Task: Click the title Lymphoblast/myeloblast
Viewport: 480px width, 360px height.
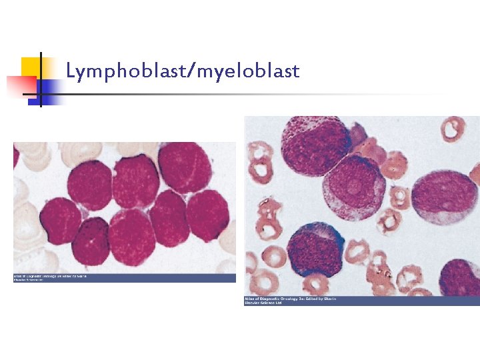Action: click(x=183, y=70)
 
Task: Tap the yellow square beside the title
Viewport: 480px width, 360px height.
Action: click(x=30, y=67)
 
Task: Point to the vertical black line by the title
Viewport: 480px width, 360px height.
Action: click(x=41, y=79)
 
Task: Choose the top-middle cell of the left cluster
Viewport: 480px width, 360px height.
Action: click(x=136, y=179)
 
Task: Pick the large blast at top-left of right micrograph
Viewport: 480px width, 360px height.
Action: click(x=315, y=147)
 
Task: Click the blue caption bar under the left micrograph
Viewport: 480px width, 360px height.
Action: click(x=125, y=278)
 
